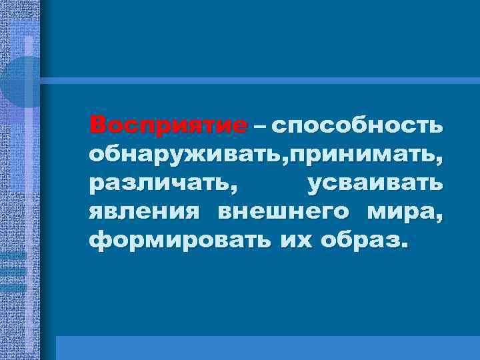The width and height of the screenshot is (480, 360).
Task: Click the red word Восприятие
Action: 169,125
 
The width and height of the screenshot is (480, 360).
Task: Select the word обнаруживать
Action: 181,155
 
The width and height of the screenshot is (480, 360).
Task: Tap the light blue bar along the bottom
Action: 267,347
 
